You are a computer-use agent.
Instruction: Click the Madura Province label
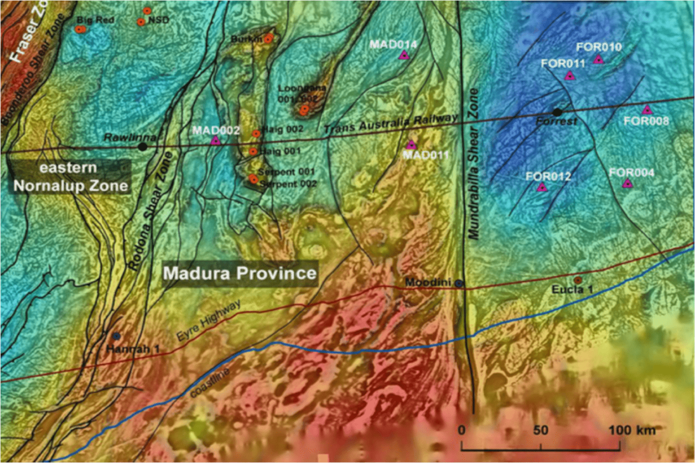240,273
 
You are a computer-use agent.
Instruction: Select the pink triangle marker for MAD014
403,55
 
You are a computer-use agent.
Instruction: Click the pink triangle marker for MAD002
215,140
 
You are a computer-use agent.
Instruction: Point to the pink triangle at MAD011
411,144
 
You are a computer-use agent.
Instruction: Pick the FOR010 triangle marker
598,59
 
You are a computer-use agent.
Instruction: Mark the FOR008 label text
646,121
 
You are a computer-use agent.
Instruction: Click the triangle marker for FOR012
542,187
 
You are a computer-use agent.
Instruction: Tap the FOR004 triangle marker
627,183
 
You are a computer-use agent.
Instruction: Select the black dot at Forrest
557,112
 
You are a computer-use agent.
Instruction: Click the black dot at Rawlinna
142,146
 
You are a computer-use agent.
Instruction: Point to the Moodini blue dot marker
459,284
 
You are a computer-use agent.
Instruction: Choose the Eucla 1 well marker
578,280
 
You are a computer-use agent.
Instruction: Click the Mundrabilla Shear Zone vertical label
473,164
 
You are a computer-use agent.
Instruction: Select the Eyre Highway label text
208,320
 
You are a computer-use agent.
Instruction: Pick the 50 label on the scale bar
541,430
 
